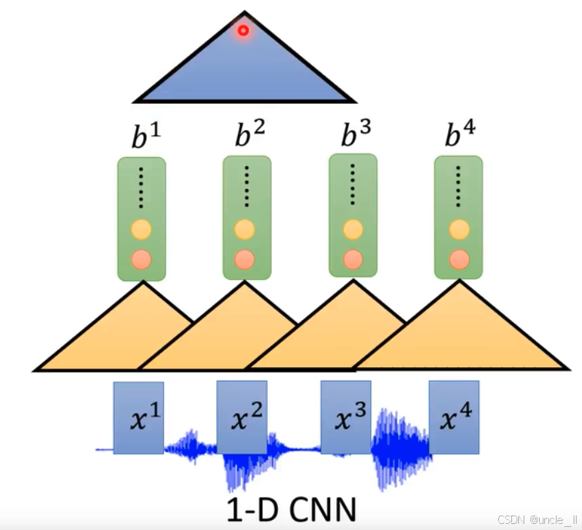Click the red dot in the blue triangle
click(243, 31)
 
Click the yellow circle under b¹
click(141, 229)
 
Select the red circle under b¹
click(141, 258)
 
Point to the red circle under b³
click(353, 258)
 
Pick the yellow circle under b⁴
click(459, 229)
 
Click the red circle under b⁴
click(459, 258)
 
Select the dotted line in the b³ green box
click(353, 185)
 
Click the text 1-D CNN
click(291, 508)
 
